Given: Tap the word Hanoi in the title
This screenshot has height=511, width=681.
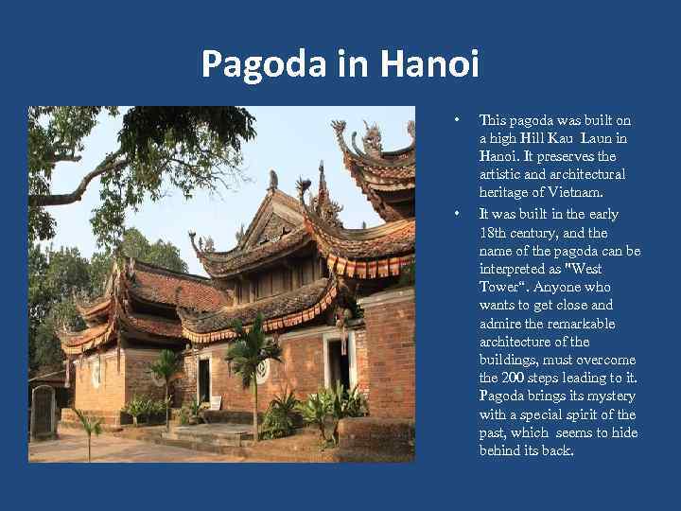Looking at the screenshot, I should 430,66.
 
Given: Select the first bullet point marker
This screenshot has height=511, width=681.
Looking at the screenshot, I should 456,120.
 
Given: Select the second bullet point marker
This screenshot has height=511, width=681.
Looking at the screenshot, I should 456,213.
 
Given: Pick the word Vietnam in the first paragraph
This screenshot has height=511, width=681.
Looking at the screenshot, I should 569,193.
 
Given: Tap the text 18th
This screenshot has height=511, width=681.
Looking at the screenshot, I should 494,232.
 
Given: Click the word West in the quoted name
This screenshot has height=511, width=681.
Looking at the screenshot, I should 587,269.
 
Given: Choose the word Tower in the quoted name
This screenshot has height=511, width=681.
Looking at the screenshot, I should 498,287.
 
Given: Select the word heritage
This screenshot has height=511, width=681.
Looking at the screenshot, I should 505,193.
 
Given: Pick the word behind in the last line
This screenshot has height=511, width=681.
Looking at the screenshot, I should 499,451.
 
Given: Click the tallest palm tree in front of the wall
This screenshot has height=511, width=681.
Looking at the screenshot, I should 249,355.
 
